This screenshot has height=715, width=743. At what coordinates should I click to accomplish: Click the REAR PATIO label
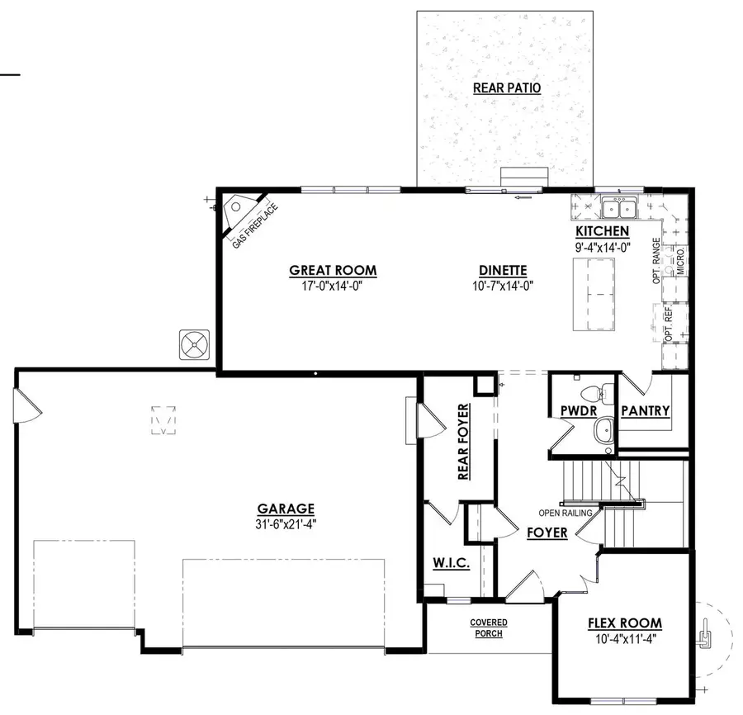pyautogui.click(x=507, y=88)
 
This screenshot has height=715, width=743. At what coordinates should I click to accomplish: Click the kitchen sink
pyautogui.click(x=616, y=206)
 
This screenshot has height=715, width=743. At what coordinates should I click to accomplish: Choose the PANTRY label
pyautogui.click(x=645, y=411)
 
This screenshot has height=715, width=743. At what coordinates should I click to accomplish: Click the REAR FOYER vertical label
pyautogui.click(x=463, y=442)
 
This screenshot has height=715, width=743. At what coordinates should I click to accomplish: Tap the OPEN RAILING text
pyautogui.click(x=566, y=513)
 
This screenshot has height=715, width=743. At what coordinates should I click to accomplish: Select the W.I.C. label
pyautogui.click(x=451, y=563)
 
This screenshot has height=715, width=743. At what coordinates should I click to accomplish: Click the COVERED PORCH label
pyautogui.click(x=489, y=627)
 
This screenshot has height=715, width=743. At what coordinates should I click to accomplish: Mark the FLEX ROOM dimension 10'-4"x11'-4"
pyautogui.click(x=624, y=638)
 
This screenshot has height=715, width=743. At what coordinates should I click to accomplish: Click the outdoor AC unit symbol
pyautogui.click(x=195, y=344)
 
